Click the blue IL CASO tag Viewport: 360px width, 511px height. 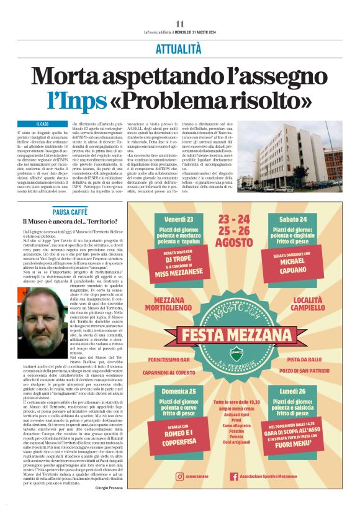click(42, 125)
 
